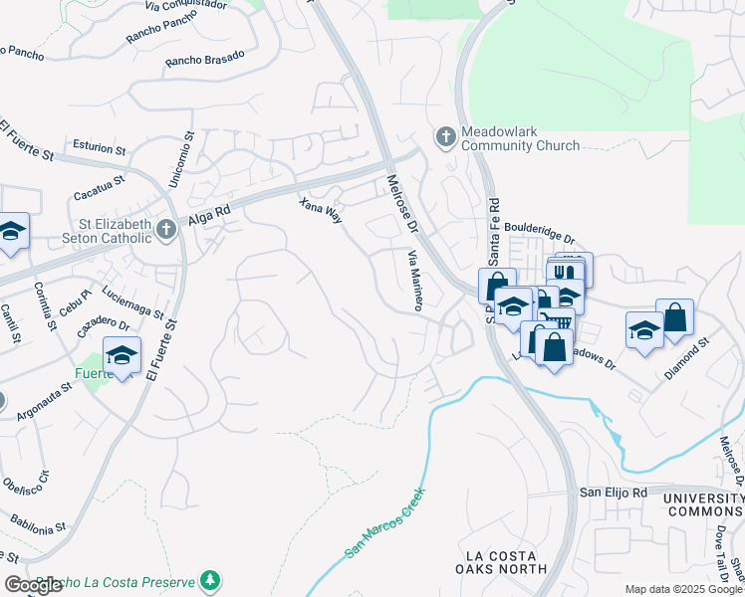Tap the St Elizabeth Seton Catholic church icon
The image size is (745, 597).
[x=166, y=231]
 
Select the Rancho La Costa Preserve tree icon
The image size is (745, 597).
[x=209, y=580]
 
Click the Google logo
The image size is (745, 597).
[x=33, y=585]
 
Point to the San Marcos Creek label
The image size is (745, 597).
[x=384, y=521]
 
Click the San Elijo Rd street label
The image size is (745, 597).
[x=614, y=493]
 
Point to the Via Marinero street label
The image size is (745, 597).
[x=414, y=281]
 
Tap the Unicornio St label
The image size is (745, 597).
[x=187, y=155]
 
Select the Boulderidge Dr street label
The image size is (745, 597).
[x=538, y=233]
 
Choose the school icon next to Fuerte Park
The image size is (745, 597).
[x=123, y=354]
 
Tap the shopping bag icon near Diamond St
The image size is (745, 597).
[x=674, y=317]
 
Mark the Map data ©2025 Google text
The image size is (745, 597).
[x=682, y=589]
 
